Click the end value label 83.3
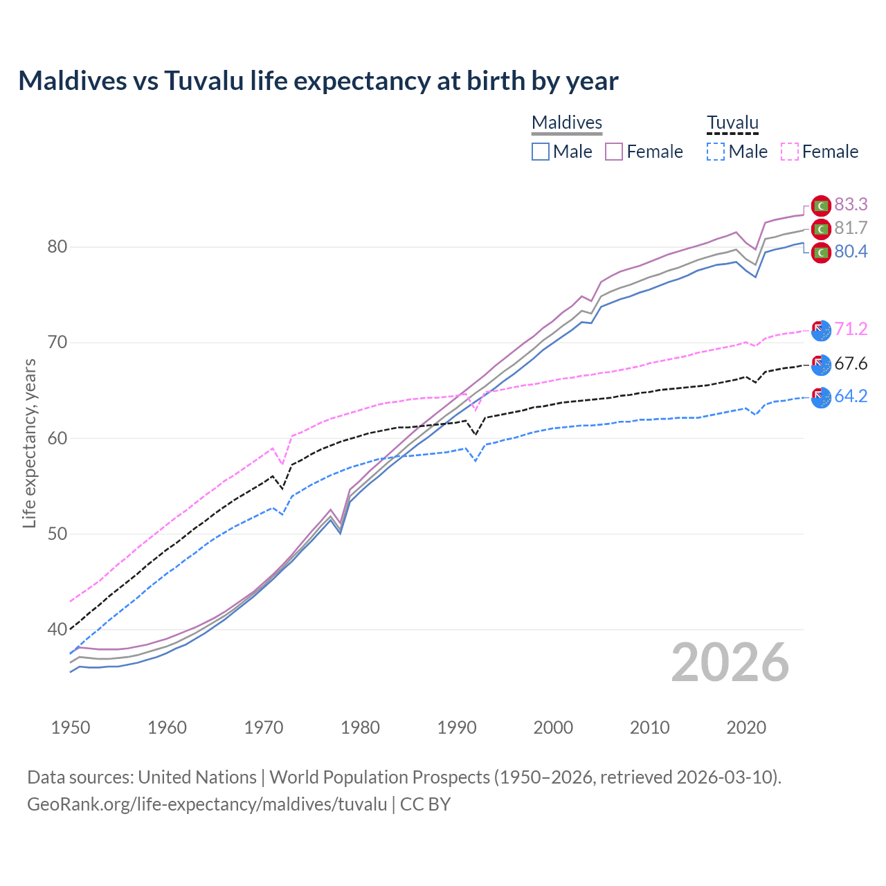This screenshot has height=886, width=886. point(851,204)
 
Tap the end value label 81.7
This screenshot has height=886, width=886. point(851,228)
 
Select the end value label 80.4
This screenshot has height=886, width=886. point(851,251)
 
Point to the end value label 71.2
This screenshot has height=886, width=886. point(851,329)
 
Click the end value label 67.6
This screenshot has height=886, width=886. point(851,363)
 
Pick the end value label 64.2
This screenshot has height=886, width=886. point(851,396)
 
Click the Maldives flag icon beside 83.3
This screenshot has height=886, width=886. point(821,206)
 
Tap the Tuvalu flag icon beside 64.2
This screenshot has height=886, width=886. point(821,398)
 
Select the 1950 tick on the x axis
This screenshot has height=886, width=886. point(71,727)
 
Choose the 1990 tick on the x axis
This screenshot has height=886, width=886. point(457,727)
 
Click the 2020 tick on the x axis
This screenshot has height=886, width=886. point(746,727)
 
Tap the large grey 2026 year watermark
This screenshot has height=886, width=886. point(730,662)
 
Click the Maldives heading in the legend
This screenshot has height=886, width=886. point(567,123)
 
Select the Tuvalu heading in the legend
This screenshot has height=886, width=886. point(732,123)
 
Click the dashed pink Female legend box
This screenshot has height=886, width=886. point(790,152)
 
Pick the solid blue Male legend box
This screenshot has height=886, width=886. point(541,152)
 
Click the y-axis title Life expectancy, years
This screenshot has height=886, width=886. point(29,443)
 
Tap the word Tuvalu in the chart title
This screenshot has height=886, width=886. point(204,81)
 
